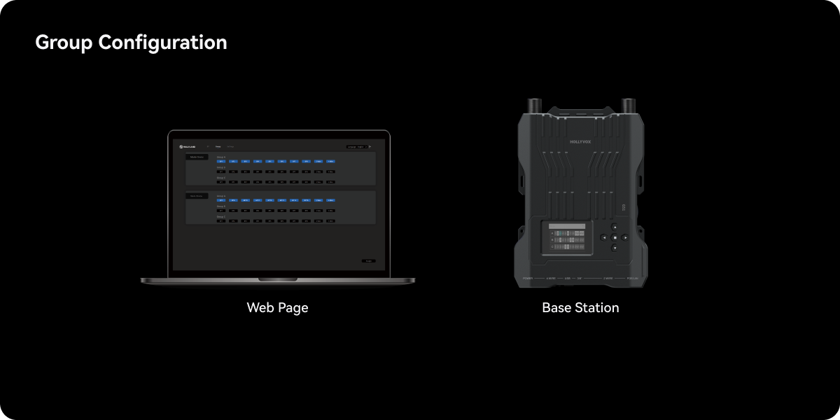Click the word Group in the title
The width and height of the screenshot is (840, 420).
[64, 43]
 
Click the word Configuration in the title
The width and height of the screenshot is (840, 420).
[162, 43]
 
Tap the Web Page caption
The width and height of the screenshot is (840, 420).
[277, 307]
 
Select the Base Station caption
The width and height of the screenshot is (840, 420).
[580, 307]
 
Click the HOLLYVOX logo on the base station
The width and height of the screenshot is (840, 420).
[580, 142]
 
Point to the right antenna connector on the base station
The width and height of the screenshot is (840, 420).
[628, 105]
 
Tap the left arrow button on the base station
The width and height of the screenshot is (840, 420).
[603, 238]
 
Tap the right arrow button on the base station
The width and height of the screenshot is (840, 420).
[625, 238]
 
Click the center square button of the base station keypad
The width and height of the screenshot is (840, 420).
[615, 238]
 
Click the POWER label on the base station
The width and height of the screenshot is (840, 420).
[528, 279]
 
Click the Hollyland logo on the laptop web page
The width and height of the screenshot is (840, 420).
[187, 147]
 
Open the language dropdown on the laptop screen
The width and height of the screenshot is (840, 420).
[357, 147]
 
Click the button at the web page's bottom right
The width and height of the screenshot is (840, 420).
[368, 261]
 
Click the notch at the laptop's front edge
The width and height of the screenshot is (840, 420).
[277, 279]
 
